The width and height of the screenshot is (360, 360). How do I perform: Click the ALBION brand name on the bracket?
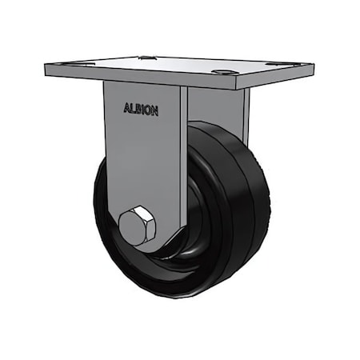tap(141, 110)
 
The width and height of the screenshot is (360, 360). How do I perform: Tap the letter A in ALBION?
tap(126, 110)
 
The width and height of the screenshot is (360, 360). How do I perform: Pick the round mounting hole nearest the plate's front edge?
tap(222, 74)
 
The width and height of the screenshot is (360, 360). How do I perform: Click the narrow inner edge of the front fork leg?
tap(184, 160)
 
